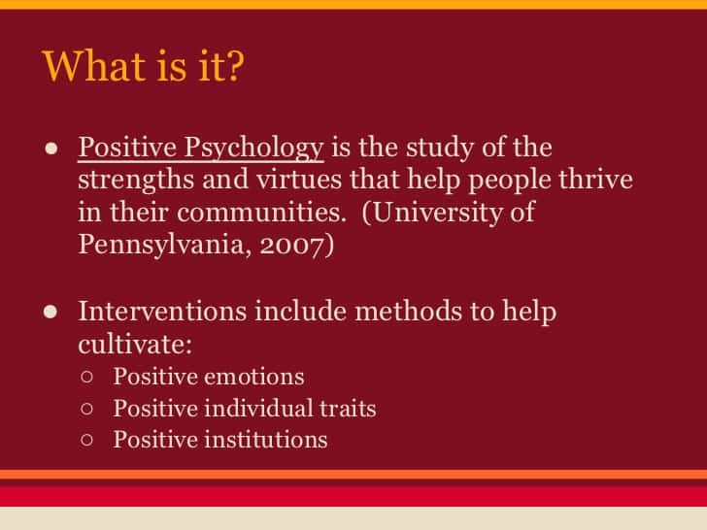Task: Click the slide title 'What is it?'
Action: point(143,66)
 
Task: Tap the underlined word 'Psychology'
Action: point(253,149)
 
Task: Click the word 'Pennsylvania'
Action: point(164,246)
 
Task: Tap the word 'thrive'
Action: point(595,179)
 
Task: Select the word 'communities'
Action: point(261,213)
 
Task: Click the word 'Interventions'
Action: point(163,311)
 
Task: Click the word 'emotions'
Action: point(254,377)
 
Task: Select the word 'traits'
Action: point(348,409)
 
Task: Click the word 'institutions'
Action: point(266,440)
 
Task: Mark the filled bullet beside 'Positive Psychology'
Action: point(51,149)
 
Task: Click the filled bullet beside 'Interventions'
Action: point(50,312)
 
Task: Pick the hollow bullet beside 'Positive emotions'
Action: point(87,377)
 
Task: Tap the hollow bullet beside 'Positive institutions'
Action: point(87,440)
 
